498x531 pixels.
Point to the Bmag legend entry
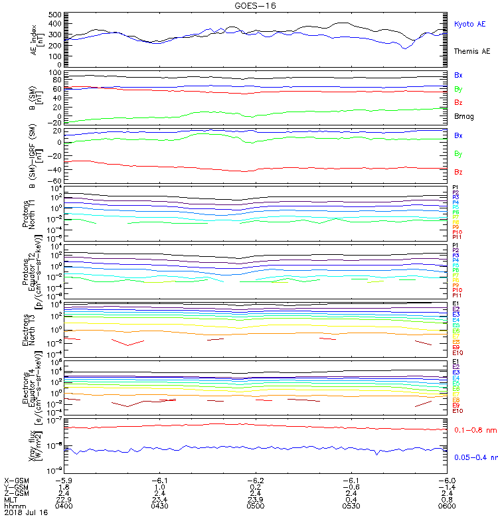coord(463,115)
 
